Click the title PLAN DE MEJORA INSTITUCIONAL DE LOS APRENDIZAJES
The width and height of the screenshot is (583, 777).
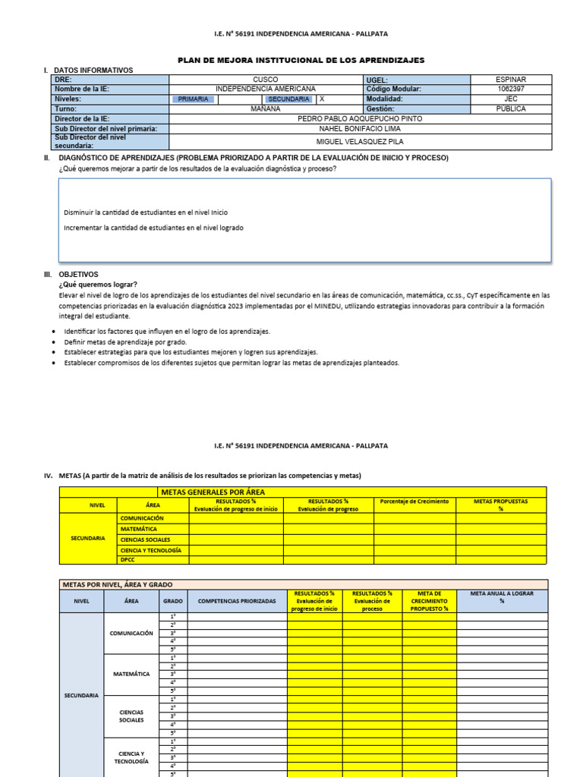(x=301, y=60)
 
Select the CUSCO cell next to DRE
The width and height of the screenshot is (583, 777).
(x=265, y=80)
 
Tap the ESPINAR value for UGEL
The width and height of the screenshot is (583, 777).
(x=510, y=80)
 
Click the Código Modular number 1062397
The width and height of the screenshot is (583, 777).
(x=510, y=89)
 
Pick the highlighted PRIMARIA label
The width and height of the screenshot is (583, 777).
(x=193, y=99)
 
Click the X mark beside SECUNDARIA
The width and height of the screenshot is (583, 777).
(x=322, y=99)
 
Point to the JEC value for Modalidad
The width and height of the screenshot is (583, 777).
(x=510, y=99)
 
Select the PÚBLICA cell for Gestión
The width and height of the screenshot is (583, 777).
(x=510, y=109)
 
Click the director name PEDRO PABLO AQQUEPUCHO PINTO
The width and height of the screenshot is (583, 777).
(x=360, y=118)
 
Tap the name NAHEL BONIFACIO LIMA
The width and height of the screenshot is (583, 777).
(x=360, y=128)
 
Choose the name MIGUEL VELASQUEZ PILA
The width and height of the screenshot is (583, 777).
(x=360, y=141)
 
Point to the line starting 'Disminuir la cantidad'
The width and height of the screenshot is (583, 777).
(x=146, y=212)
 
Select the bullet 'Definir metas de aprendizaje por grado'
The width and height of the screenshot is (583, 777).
(x=125, y=341)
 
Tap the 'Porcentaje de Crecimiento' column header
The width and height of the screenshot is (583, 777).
(x=414, y=502)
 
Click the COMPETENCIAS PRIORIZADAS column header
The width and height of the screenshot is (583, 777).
(x=237, y=601)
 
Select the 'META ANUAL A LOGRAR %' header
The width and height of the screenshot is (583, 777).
(x=501, y=597)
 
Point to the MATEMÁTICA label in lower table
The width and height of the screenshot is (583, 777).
(x=131, y=674)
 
